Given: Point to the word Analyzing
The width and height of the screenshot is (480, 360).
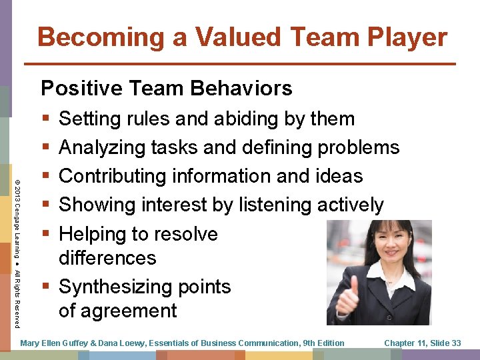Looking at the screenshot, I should coord(103,147).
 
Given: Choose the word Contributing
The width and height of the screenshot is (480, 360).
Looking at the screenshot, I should coord(113,176).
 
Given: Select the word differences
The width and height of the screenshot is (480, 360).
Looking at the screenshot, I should coord(107,257).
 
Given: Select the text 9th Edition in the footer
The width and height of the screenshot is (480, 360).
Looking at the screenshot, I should coord(323,343).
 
